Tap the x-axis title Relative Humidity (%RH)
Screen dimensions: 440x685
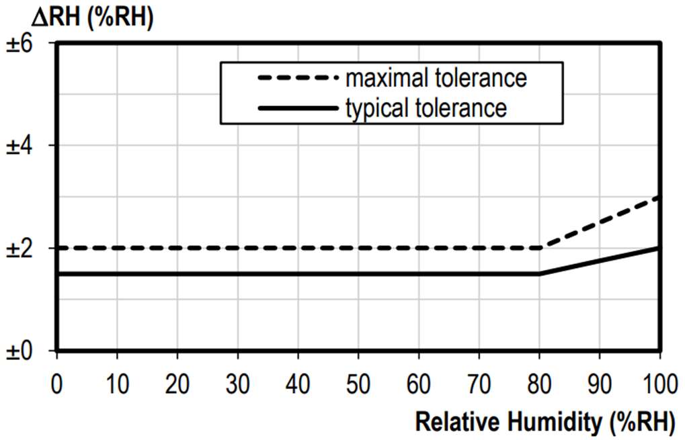click(x=545, y=423)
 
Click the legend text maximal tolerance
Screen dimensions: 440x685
click(x=436, y=78)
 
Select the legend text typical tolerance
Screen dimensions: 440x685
click(x=426, y=107)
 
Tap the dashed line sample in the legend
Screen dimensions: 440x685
click(x=296, y=78)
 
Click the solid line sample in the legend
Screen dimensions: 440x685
click(x=296, y=107)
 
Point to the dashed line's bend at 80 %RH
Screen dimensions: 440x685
click(x=539, y=248)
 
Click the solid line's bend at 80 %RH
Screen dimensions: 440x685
click(x=539, y=273)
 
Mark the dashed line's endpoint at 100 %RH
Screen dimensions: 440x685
click(x=659, y=197)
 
